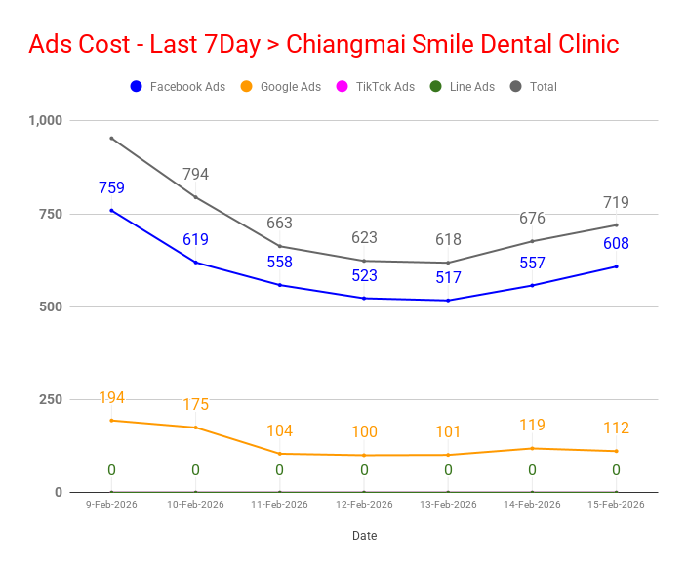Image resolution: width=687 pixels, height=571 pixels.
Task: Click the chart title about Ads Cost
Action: click(323, 44)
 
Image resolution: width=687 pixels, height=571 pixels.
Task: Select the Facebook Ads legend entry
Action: click(178, 87)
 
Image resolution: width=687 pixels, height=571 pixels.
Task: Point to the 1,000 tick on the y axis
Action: click(45, 120)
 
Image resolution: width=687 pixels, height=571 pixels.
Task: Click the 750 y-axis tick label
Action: click(49, 214)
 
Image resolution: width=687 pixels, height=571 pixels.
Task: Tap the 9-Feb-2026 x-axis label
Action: click(111, 505)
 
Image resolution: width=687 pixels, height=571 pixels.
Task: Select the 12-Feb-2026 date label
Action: click(364, 505)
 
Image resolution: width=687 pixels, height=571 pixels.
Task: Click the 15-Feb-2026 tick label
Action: click(616, 505)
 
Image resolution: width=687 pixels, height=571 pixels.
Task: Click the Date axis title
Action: click(364, 536)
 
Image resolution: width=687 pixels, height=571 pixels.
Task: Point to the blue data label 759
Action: click(111, 188)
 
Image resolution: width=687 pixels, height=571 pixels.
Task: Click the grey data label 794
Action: click(195, 175)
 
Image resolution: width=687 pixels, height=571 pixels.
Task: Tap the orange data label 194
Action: click(111, 397)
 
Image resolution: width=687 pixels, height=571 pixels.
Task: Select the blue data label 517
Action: click(448, 278)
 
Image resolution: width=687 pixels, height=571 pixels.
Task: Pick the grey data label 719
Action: click(616, 203)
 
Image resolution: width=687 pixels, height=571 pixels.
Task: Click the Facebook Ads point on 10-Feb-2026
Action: click(195, 262)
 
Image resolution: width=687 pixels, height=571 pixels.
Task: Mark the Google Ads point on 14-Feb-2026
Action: click(532, 448)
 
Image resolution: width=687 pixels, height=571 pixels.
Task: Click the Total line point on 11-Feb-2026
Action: click(279, 246)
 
